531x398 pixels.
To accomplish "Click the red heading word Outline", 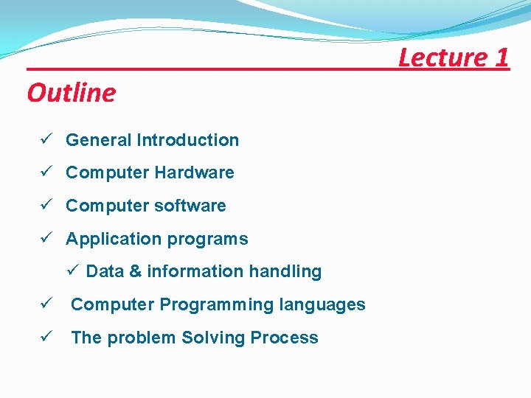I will click(x=72, y=94).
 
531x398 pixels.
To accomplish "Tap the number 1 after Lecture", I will click(x=502, y=57).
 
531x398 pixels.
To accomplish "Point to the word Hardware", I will click(x=199, y=172).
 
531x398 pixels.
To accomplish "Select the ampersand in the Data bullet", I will click(x=135, y=272).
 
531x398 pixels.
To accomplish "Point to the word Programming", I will click(x=221, y=305).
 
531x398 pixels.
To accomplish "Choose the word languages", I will click(x=326, y=304).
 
